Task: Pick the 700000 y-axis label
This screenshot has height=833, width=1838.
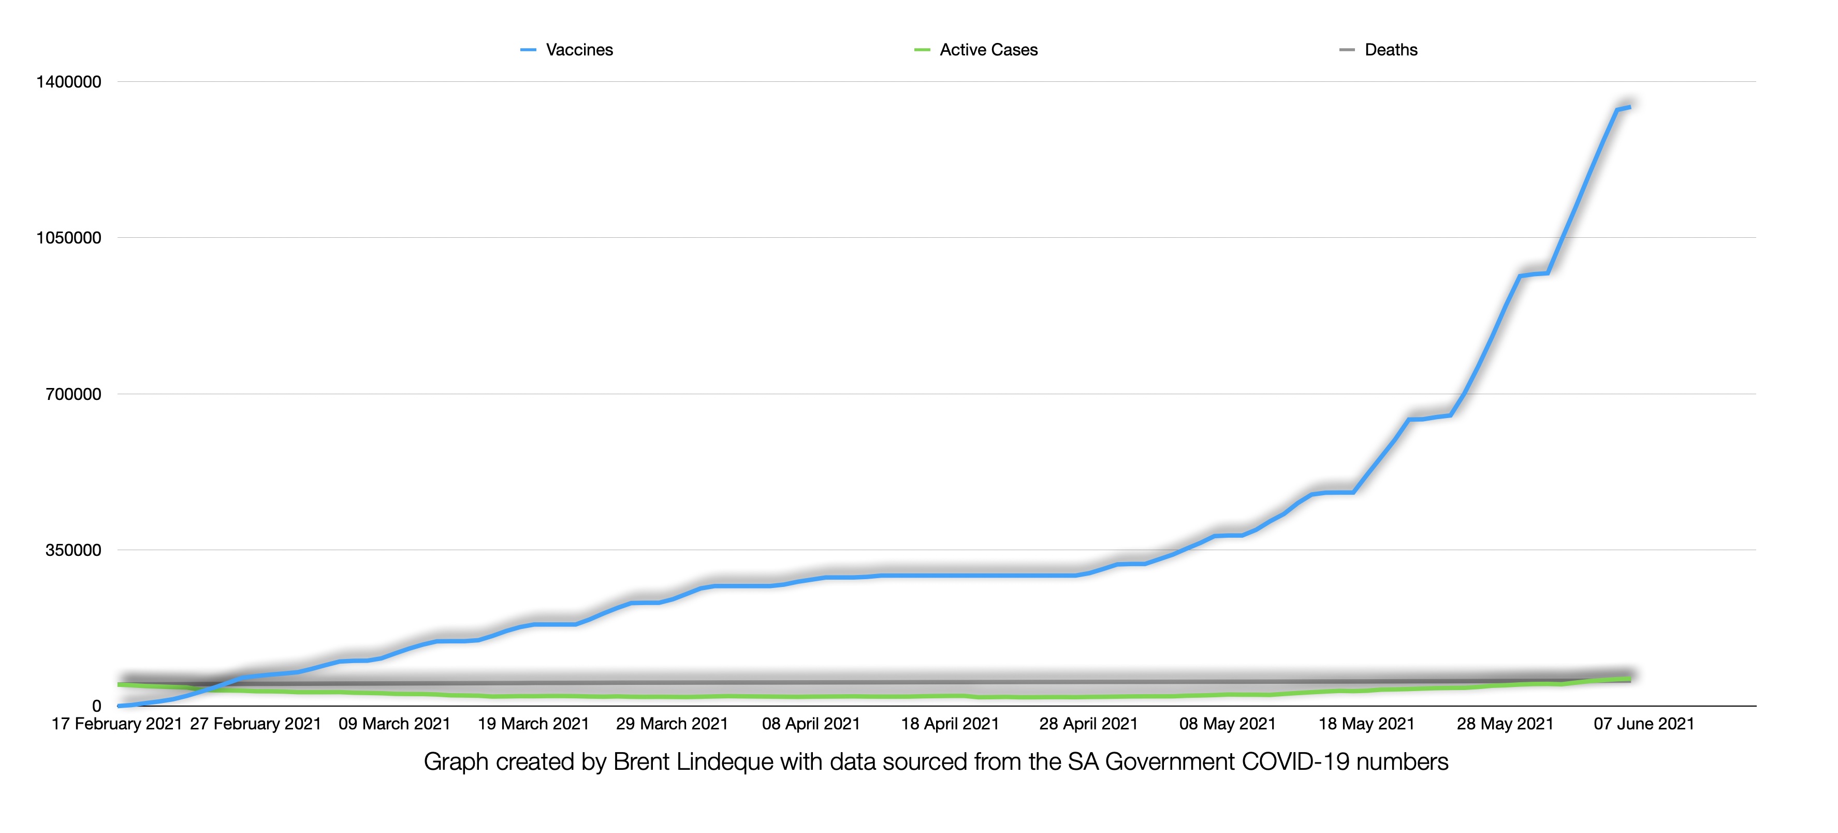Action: pos(74,394)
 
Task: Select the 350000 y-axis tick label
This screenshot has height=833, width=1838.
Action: pos(74,550)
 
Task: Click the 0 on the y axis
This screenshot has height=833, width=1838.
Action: pos(96,707)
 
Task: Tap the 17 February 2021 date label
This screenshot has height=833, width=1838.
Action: pos(116,724)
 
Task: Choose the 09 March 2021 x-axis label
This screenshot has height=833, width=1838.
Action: pos(395,724)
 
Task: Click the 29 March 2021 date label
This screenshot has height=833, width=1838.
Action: pos(672,724)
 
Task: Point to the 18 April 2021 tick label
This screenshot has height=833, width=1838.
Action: pos(950,724)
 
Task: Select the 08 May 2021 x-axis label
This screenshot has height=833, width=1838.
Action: pos(1227,724)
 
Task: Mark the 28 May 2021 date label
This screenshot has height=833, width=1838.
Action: pos(1505,724)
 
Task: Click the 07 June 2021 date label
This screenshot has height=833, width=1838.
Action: pos(1644,724)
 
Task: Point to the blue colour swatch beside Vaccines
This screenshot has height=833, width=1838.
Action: pos(528,50)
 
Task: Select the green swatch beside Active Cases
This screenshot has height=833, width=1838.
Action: pos(922,50)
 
